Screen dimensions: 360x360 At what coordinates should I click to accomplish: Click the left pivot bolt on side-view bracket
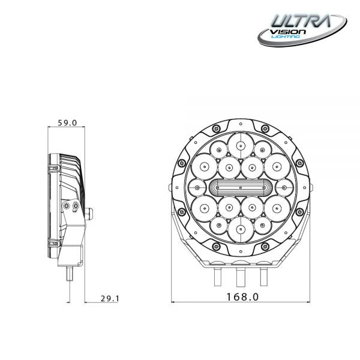(x=67, y=206)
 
